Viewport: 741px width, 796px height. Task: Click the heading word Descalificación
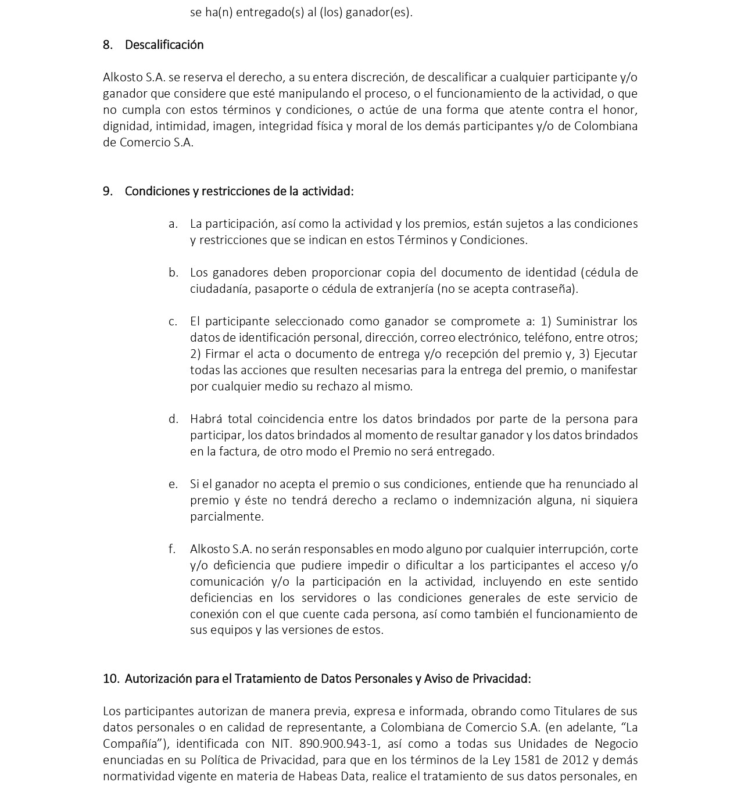164,45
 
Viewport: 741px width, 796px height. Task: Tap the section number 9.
108,191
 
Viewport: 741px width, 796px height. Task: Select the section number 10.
111,679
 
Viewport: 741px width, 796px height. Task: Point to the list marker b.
173,272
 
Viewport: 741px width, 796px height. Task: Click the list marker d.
173,419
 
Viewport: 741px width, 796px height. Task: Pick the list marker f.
172,549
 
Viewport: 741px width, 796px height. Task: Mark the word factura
238,451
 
